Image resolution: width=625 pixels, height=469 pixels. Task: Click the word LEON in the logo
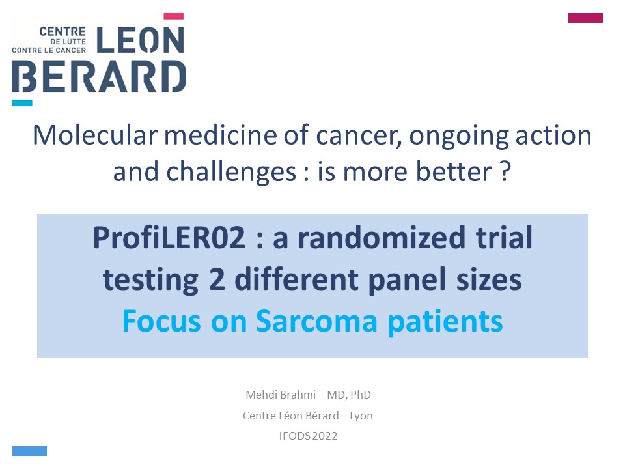(141, 40)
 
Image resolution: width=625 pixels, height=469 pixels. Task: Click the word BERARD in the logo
(99, 77)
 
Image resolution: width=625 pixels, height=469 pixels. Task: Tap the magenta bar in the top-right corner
(585, 18)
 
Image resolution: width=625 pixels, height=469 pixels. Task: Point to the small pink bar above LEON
(174, 16)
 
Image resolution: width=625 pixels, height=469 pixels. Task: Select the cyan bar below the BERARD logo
(22, 103)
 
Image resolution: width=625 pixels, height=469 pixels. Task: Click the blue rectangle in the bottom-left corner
(29, 451)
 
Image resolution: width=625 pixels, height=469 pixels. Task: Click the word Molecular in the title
(95, 135)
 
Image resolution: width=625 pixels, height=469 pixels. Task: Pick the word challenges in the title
(231, 172)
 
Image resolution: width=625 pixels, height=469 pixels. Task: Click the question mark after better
(505, 171)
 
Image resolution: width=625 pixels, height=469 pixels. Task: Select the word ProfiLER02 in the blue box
(169, 237)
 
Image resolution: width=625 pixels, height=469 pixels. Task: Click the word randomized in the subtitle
(382, 237)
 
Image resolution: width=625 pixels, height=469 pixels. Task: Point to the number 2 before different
(217, 279)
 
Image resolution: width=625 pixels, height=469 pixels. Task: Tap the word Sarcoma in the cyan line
(316, 321)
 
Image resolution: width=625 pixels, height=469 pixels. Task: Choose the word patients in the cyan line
(445, 322)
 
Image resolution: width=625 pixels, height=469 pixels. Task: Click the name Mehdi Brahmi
(281, 395)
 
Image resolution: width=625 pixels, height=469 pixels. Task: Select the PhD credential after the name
(361, 395)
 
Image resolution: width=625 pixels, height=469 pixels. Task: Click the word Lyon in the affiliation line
(361, 416)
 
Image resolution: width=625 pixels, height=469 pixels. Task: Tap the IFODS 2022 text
(308, 436)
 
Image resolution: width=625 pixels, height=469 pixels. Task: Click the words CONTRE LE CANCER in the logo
(49, 50)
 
